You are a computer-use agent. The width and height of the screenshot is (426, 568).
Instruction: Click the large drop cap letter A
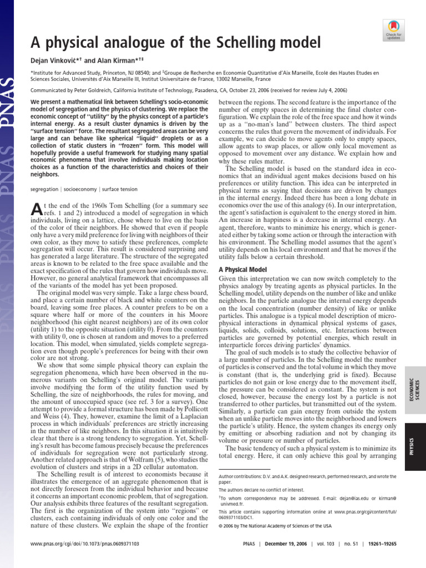[34, 210]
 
